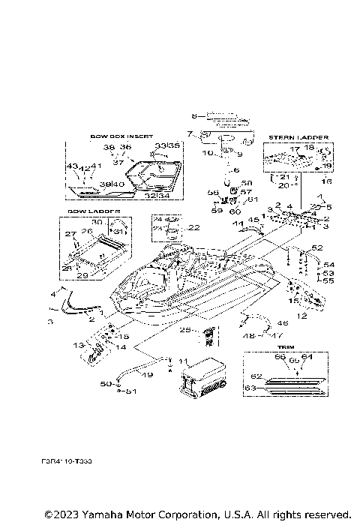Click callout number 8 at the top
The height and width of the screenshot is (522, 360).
tap(193, 116)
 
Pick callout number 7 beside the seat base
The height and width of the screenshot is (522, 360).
tap(190, 135)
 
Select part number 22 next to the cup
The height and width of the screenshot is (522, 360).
tap(193, 228)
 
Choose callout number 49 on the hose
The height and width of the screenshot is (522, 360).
tap(147, 375)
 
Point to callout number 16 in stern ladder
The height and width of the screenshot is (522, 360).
tap(326, 181)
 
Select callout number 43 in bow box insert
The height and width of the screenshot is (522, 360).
tap(72, 166)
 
